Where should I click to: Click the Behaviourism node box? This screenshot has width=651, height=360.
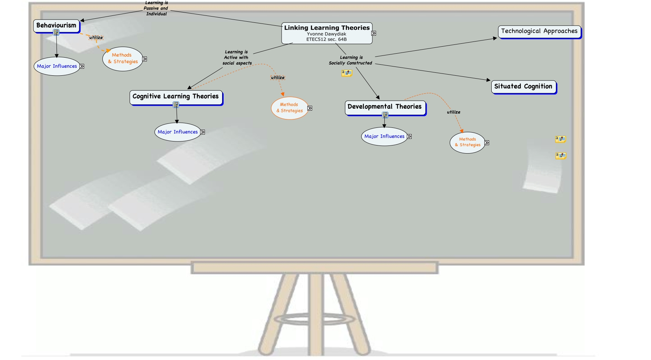click(x=56, y=26)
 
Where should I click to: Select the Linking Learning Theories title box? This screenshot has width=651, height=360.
click(x=327, y=28)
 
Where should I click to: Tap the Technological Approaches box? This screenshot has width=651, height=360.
click(x=539, y=31)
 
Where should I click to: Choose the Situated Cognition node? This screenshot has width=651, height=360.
click(x=523, y=87)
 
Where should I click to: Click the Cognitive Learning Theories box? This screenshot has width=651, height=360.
click(x=176, y=97)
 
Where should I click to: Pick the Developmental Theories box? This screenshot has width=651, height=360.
click(x=384, y=107)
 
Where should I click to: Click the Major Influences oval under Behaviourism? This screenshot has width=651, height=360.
click(x=57, y=66)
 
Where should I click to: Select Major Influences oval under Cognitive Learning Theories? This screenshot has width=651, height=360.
click(x=178, y=132)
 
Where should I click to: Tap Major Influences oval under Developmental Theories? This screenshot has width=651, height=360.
click(x=384, y=137)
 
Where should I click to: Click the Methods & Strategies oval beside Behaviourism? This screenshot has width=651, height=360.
click(x=123, y=59)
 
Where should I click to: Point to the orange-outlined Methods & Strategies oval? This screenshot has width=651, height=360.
click(x=290, y=108)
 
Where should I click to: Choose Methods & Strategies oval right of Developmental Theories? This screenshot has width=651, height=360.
click(x=467, y=143)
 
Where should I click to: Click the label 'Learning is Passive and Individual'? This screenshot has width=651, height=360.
click(x=156, y=8)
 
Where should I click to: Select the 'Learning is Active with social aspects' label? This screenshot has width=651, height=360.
click(x=237, y=58)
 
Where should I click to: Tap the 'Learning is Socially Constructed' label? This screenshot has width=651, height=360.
click(x=351, y=60)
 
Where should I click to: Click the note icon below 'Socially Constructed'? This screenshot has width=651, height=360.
click(x=347, y=73)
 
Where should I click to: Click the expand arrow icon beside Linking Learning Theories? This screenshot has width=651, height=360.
click(x=374, y=33)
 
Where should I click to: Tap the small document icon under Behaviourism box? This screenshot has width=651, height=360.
click(x=56, y=33)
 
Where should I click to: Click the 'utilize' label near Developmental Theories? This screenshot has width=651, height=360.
click(x=453, y=112)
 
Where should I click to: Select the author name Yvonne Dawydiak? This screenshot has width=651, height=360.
click(x=326, y=34)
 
